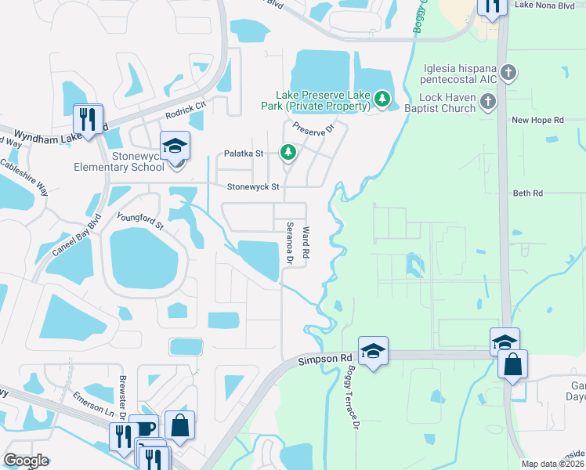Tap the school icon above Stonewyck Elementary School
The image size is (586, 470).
[175, 145]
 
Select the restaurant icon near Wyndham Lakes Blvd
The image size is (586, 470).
[87, 120]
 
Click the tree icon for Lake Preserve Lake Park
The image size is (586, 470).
[382, 98]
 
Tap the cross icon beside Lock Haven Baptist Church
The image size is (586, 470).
[488, 101]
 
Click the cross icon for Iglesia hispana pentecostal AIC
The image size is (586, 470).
[509, 74]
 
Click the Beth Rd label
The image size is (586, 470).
[527, 193]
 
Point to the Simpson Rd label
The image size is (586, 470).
[325, 359]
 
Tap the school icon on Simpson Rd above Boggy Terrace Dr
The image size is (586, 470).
[374, 350]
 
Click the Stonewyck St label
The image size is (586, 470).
[253, 187]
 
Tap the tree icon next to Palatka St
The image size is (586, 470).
[288, 152]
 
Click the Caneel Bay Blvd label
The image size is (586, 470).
[77, 237]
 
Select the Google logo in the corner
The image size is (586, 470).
[26, 460]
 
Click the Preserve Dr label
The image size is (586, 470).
[313, 128]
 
